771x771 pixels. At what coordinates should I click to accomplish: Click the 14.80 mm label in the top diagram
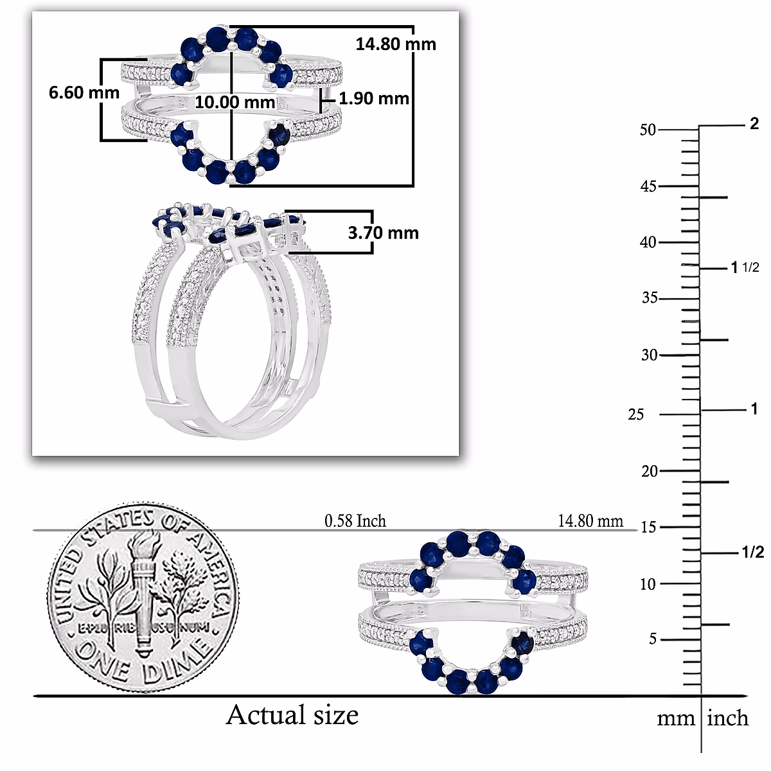pyautogui.click(x=396, y=44)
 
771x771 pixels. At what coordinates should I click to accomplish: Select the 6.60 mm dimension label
pyautogui.click(x=84, y=93)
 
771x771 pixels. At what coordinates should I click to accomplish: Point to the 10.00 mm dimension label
pyautogui.click(x=235, y=102)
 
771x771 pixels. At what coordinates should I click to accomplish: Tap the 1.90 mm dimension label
pyautogui.click(x=374, y=98)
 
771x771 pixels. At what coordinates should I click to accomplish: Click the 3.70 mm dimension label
pyautogui.click(x=383, y=233)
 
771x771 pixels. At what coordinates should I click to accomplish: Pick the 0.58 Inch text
pyautogui.click(x=355, y=520)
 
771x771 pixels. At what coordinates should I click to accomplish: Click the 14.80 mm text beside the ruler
pyautogui.click(x=590, y=520)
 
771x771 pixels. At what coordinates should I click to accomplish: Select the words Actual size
pyautogui.click(x=292, y=714)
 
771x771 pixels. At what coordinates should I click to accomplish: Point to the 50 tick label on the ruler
pyautogui.click(x=648, y=130)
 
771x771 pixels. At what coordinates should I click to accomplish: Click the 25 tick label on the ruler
pyautogui.click(x=635, y=414)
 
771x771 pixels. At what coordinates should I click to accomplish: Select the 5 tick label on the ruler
pyautogui.click(x=653, y=639)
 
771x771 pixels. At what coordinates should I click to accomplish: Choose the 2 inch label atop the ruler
pyautogui.click(x=754, y=123)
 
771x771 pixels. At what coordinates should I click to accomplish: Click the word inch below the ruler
pyautogui.click(x=727, y=718)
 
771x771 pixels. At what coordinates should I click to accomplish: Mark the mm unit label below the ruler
pyautogui.click(x=675, y=718)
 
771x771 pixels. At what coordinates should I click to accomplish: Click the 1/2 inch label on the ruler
pyautogui.click(x=752, y=553)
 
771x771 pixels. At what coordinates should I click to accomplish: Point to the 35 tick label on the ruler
pyautogui.click(x=650, y=298)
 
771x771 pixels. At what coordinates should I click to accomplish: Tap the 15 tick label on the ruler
pyautogui.click(x=649, y=527)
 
